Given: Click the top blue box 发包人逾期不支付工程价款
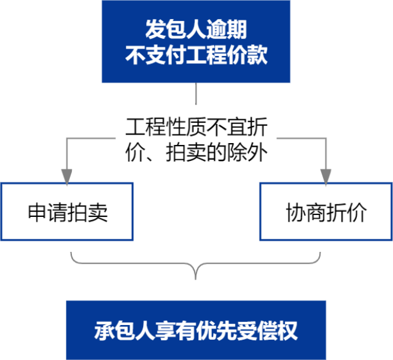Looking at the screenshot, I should click(x=196, y=42).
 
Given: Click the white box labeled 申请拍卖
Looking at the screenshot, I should click(x=67, y=212).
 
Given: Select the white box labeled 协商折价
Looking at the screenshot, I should click(x=325, y=212).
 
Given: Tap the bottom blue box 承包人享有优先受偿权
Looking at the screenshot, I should click(x=196, y=330).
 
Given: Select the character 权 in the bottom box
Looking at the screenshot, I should click(x=287, y=331).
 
